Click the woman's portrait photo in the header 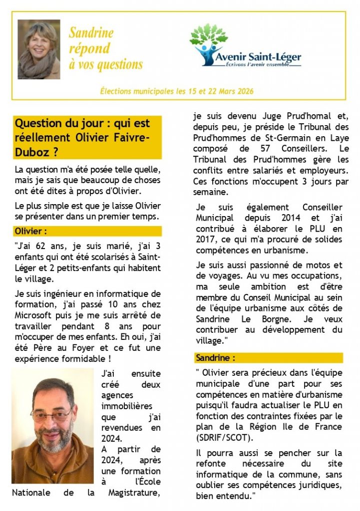(39, 49)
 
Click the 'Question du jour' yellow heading (87, 137)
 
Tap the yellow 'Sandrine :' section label (215, 358)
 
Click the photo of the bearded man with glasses (52, 426)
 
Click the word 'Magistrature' (135, 493)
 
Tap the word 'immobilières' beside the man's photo (127, 406)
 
